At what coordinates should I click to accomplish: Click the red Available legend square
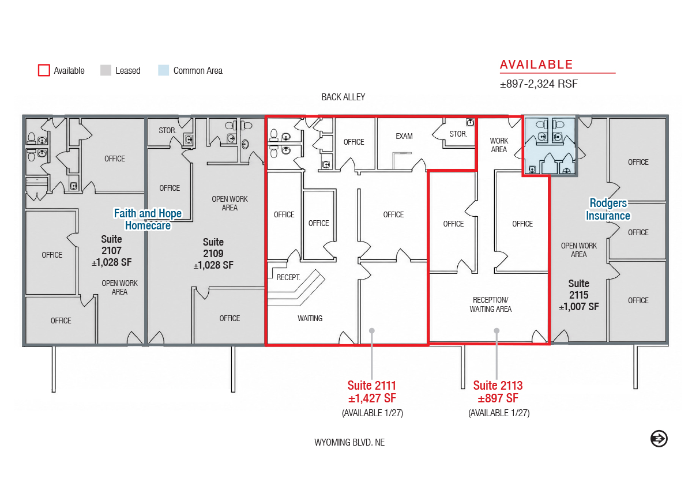point(44,70)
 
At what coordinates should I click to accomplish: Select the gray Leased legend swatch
point(106,70)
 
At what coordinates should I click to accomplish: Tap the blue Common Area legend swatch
point(163,70)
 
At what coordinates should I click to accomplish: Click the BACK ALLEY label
point(343,97)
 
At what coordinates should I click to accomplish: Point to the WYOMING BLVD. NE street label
point(349,443)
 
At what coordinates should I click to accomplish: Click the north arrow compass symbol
point(659,439)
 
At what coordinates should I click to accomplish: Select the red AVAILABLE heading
point(536,65)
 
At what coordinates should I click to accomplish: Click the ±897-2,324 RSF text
point(539,84)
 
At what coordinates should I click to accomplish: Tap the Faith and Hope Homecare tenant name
point(148,219)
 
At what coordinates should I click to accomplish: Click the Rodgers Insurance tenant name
point(608,209)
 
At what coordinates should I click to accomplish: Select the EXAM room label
point(404,136)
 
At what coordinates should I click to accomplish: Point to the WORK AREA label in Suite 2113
point(499,145)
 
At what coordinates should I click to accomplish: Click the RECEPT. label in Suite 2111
point(288,277)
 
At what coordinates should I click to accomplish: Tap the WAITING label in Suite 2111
point(310,318)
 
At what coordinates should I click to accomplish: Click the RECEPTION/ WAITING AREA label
point(491,304)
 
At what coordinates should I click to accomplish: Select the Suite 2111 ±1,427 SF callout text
point(372,392)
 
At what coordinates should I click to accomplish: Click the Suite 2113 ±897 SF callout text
point(498,392)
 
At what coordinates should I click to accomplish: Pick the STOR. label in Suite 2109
point(167,130)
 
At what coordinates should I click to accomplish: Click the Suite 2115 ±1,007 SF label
point(579,295)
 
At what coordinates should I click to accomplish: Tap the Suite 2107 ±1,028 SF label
point(111,250)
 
